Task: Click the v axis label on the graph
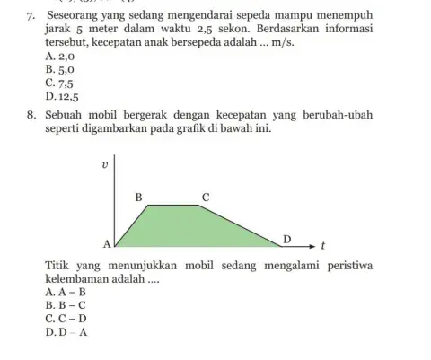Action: pos(106,165)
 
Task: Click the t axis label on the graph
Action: pos(322,244)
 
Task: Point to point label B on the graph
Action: pos(138,196)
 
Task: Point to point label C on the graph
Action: pos(206,196)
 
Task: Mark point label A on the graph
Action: pos(106,244)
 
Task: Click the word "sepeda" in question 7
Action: pos(233,17)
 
